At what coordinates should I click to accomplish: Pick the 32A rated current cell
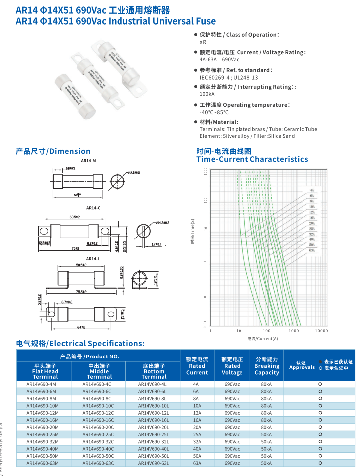click(x=197, y=442)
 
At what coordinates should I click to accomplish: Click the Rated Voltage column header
click(x=232, y=366)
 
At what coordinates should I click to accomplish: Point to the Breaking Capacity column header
click(x=267, y=366)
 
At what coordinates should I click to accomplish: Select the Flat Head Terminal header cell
click(x=45, y=371)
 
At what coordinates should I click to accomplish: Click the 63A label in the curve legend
click(x=312, y=250)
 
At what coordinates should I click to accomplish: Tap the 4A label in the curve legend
click(x=312, y=190)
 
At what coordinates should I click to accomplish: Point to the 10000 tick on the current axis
click(x=321, y=330)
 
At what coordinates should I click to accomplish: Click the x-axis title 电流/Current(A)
click(x=263, y=339)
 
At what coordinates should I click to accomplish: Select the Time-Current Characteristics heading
click(x=252, y=159)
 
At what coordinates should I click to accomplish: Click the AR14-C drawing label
click(x=93, y=208)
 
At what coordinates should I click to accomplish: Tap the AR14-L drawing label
click(x=93, y=259)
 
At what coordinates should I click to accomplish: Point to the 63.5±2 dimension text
click(x=75, y=217)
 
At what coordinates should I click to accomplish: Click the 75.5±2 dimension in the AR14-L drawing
click(x=81, y=292)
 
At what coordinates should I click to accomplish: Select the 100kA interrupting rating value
click(x=207, y=94)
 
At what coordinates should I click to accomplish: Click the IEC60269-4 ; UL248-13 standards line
click(x=229, y=78)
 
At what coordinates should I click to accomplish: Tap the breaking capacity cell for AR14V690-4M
click(x=267, y=384)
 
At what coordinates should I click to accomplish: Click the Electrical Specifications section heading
click(x=81, y=343)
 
